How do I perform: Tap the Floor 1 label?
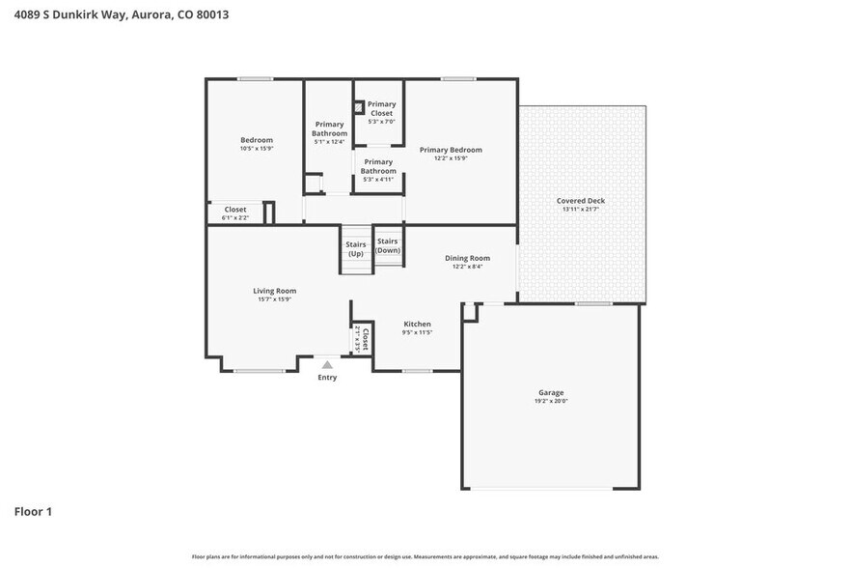pyautogui.click(x=33, y=511)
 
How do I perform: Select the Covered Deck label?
pyautogui.click(x=581, y=201)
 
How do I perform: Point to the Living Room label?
pyautogui.click(x=275, y=291)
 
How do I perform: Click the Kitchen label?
pyautogui.click(x=417, y=325)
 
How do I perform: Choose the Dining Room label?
pyautogui.click(x=467, y=258)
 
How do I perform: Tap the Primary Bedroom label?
pyautogui.click(x=451, y=150)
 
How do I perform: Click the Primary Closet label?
pyautogui.click(x=381, y=108)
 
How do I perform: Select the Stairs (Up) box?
pyautogui.click(x=356, y=249)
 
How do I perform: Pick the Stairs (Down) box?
pyautogui.click(x=388, y=245)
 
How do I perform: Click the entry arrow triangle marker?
pyautogui.click(x=328, y=365)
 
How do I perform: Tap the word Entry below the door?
pyautogui.click(x=328, y=377)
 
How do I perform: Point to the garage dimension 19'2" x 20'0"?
pyautogui.click(x=550, y=402)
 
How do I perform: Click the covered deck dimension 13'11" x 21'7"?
pyautogui.click(x=581, y=210)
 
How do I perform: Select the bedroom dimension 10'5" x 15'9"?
pyautogui.click(x=257, y=149)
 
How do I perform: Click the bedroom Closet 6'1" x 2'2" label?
pyautogui.click(x=235, y=213)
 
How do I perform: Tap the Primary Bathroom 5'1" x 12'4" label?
pyautogui.click(x=329, y=132)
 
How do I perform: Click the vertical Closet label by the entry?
pyautogui.click(x=364, y=339)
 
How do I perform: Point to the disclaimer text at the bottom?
pyautogui.click(x=425, y=556)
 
